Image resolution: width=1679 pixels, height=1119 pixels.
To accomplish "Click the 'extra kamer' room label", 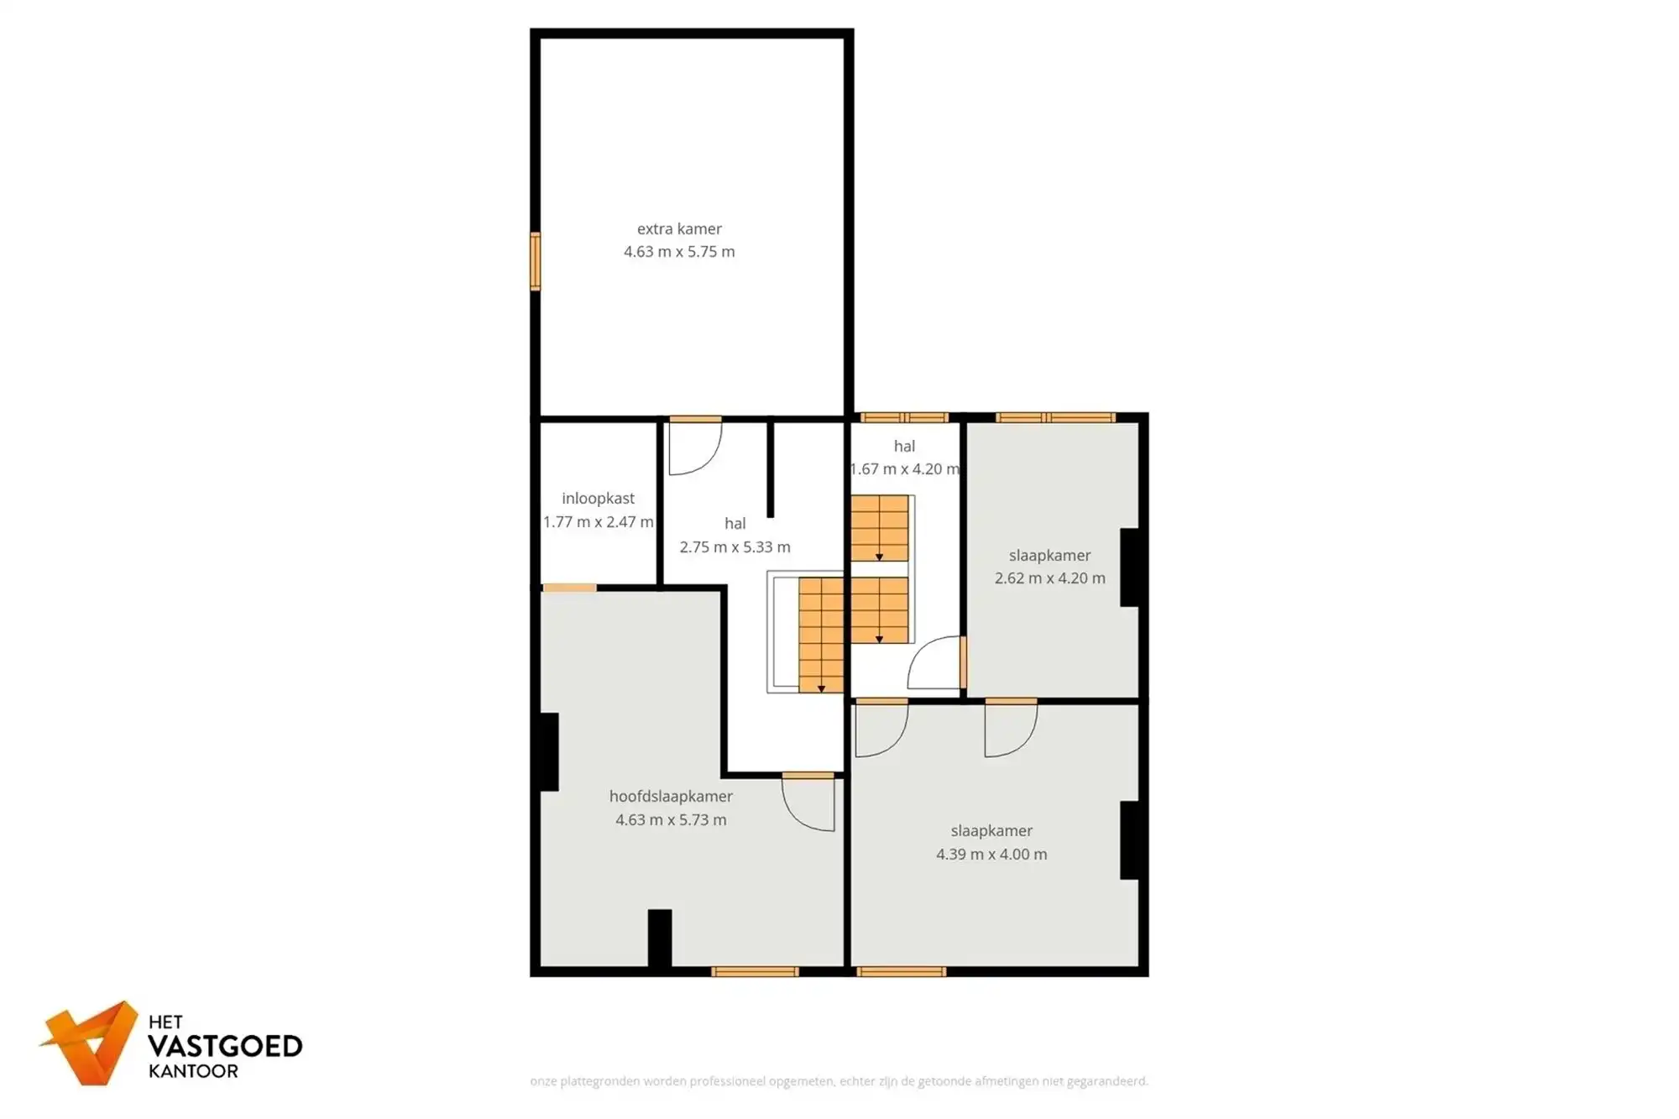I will (679, 228).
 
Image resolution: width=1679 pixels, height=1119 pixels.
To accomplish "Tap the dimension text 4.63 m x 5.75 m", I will (679, 252).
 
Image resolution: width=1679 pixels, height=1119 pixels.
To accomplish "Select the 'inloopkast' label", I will (598, 499).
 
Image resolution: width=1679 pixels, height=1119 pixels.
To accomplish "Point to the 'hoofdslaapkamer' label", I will (671, 797).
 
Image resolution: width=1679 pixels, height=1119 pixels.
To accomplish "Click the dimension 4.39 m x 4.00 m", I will (991, 855).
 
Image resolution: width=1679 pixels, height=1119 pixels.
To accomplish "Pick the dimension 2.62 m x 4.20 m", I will (1049, 578).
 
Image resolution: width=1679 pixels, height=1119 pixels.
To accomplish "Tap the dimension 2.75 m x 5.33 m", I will (735, 547).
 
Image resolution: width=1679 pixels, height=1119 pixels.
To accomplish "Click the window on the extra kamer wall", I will (535, 261).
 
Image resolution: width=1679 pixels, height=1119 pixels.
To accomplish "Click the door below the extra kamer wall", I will (695, 445).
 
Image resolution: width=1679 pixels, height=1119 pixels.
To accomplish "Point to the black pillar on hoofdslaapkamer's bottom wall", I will (660, 938).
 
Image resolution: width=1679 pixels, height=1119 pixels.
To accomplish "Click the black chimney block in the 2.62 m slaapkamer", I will (1129, 567).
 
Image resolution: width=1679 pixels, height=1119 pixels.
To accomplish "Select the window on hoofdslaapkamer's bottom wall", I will (755, 972).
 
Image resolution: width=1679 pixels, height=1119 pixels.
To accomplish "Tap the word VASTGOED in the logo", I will (225, 1047).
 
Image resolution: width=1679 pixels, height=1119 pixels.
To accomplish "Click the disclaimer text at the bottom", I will (839, 1081).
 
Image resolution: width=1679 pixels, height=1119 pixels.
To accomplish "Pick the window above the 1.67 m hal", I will (904, 417).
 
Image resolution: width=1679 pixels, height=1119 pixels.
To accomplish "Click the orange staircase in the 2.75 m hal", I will (820, 634).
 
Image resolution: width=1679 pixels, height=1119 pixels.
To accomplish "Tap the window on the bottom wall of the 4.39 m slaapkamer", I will (901, 972).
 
